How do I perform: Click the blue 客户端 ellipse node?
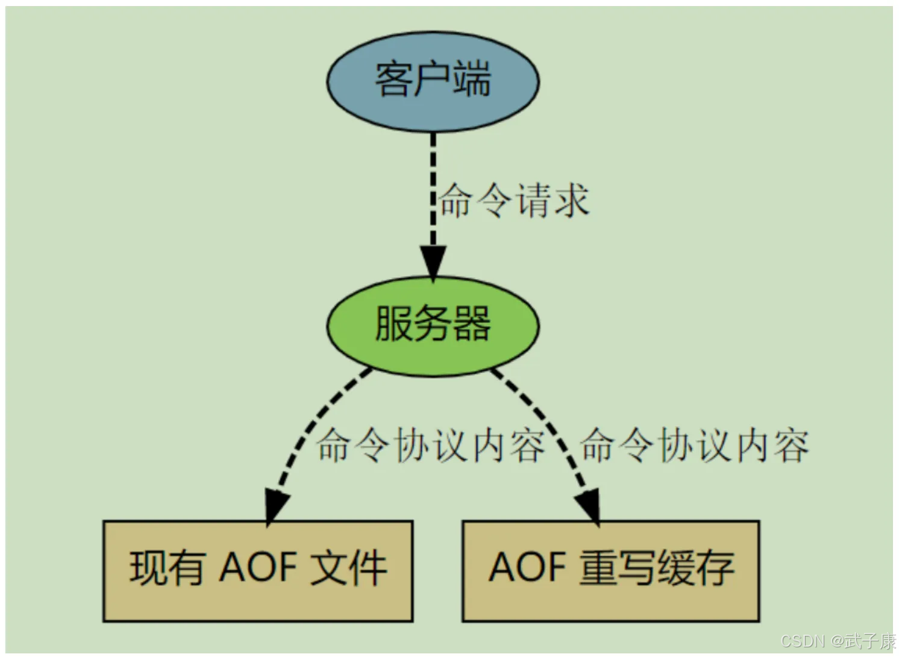pyautogui.click(x=433, y=82)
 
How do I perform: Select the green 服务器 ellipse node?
pyautogui.click(x=433, y=327)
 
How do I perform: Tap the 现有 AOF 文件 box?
pyautogui.click(x=258, y=571)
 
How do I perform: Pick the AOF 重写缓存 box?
pyautogui.click(x=611, y=571)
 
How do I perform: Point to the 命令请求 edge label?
pyautogui.click(x=515, y=200)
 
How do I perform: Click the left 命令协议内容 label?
pyautogui.click(x=431, y=445)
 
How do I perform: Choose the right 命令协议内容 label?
pyautogui.click(x=694, y=445)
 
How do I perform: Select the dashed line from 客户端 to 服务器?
pyautogui.click(x=433, y=189)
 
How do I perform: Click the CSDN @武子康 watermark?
pyautogui.click(x=838, y=641)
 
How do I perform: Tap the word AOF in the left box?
pyautogui.click(x=258, y=567)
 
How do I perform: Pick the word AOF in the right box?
pyautogui.click(x=527, y=567)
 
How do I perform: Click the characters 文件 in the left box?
pyautogui.click(x=348, y=568)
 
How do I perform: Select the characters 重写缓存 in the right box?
pyautogui.click(x=657, y=568)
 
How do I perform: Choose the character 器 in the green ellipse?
pyautogui.click(x=472, y=324)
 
